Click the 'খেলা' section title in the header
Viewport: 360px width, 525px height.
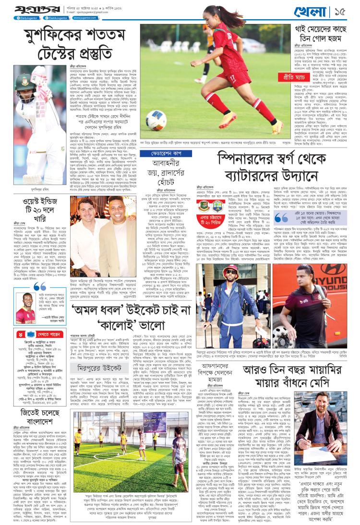pos(322,11)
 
